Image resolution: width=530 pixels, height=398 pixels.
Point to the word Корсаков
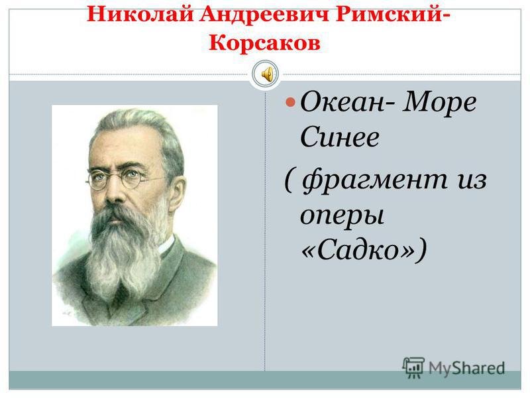click(x=264, y=42)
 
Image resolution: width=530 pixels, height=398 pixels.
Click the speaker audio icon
click(x=266, y=74)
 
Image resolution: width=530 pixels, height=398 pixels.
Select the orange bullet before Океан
click(x=290, y=102)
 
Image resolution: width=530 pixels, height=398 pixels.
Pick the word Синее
click(x=339, y=137)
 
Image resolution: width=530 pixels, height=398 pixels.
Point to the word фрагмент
click(x=375, y=181)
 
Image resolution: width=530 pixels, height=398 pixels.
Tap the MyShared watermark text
click(x=467, y=368)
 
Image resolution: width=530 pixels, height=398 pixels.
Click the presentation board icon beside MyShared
click(x=413, y=367)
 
